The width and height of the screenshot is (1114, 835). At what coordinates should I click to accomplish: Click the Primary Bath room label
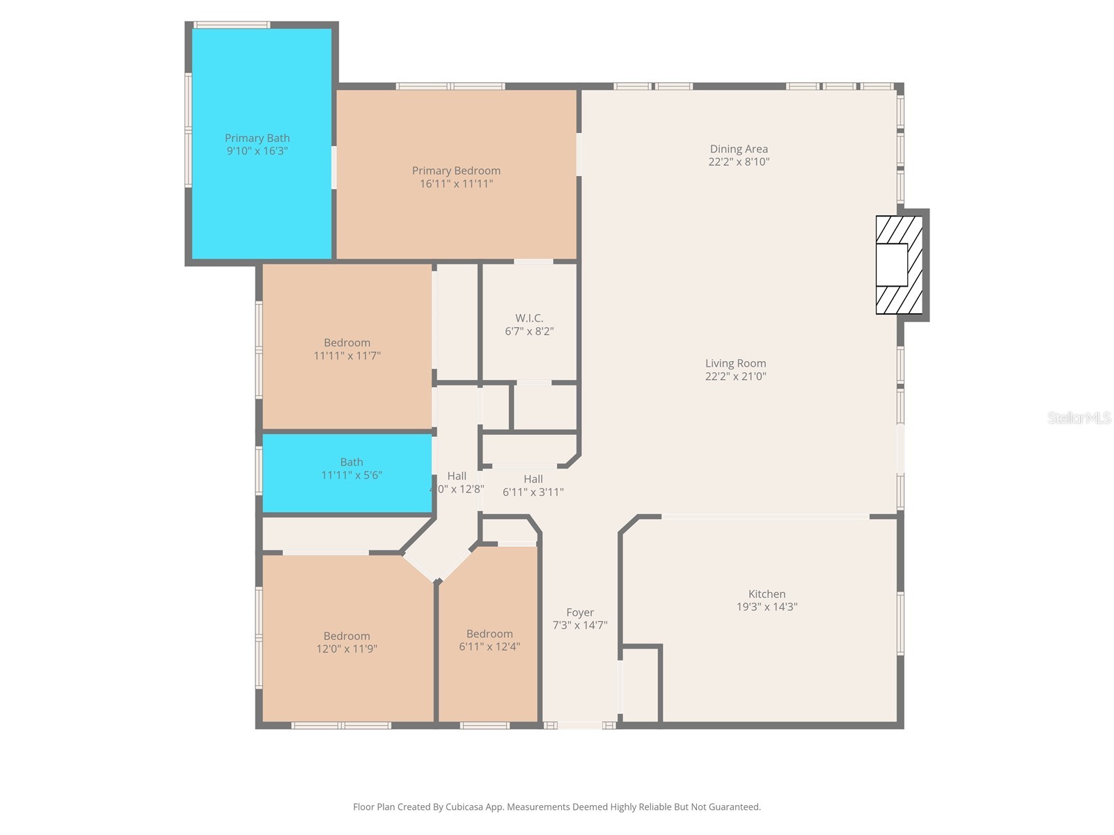point(257,138)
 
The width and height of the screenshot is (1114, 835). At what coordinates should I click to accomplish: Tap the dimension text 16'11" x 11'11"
point(456,184)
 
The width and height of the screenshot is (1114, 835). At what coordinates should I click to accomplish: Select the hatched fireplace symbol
point(899,264)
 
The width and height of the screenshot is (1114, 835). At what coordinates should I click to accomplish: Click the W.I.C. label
point(529,318)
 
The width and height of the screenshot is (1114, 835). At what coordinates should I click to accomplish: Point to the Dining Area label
point(739,149)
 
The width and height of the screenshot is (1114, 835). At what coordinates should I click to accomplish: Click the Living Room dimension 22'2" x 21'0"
point(735,376)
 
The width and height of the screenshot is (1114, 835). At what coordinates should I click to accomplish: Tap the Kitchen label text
point(767,594)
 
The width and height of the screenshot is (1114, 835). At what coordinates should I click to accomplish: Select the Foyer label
point(580,612)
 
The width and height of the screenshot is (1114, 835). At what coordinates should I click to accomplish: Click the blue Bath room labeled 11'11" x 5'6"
point(347,473)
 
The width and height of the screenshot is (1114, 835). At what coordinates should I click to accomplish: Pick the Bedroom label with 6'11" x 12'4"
point(489,634)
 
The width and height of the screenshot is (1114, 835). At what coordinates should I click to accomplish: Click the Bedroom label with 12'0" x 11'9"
point(347,636)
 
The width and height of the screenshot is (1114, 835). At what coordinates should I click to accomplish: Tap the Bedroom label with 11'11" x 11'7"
point(347,342)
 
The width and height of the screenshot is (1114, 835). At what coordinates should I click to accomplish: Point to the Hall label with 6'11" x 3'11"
point(533,479)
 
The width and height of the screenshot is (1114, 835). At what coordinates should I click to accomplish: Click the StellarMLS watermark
point(1078,417)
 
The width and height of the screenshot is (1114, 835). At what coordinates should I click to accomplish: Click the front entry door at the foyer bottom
point(581,725)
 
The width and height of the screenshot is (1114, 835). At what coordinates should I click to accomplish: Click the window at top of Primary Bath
point(232,25)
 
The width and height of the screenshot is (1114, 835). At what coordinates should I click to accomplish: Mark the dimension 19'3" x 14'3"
point(767,607)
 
